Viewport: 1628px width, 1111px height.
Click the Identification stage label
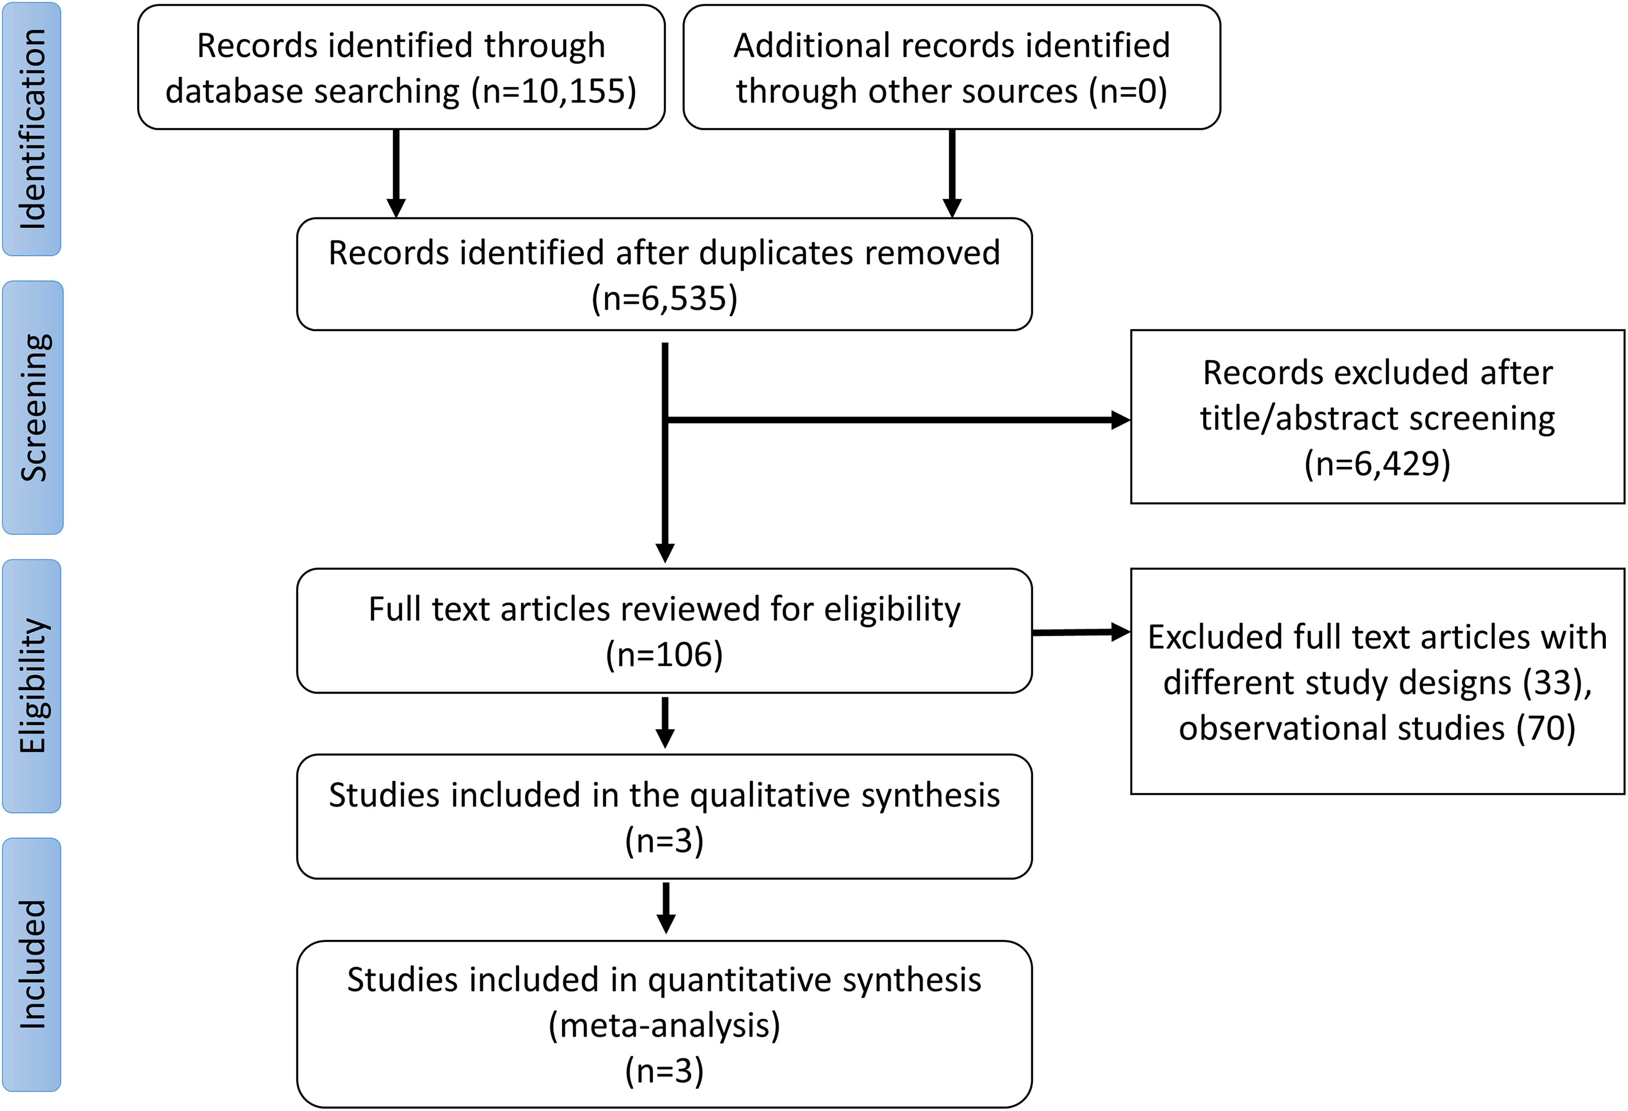tap(32, 129)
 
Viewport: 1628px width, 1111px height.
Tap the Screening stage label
tap(33, 407)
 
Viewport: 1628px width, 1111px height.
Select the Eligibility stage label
tap(32, 686)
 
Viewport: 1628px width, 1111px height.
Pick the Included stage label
tap(32, 965)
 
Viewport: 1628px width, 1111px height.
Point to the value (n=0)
tap(1128, 91)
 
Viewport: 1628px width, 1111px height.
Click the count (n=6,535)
tap(664, 298)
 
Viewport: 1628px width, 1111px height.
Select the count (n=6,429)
tap(1377, 464)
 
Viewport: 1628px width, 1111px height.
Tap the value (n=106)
tap(664, 654)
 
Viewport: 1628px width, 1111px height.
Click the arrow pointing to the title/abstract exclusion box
tap(897, 420)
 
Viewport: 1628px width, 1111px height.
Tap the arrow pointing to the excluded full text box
tap(1081, 632)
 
